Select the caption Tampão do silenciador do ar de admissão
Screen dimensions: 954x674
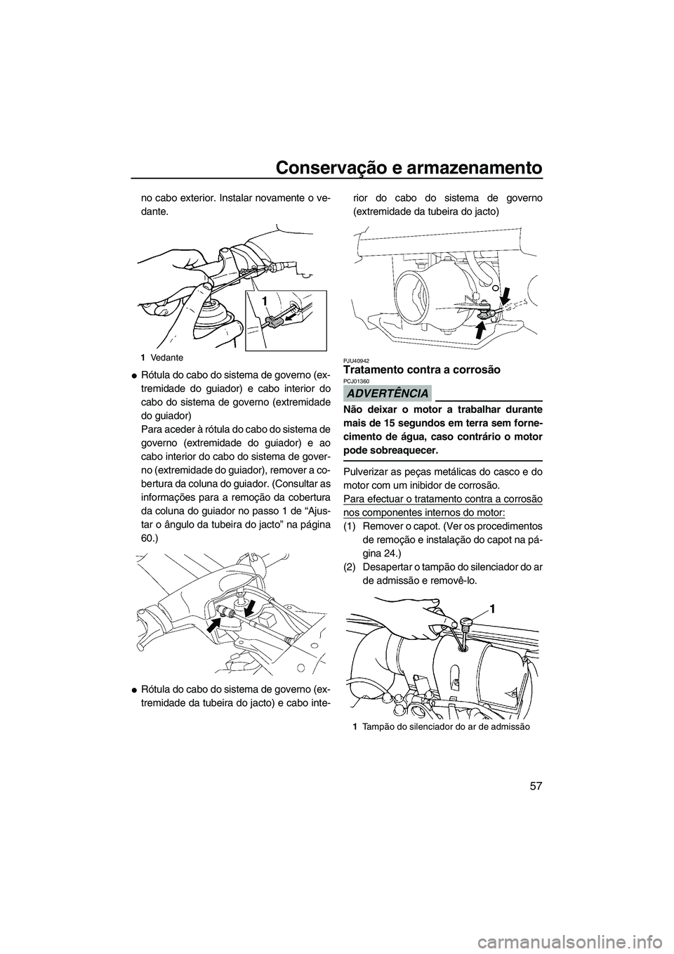pyautogui.click(x=441, y=726)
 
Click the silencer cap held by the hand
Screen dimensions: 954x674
pyautogui.click(x=464, y=622)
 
